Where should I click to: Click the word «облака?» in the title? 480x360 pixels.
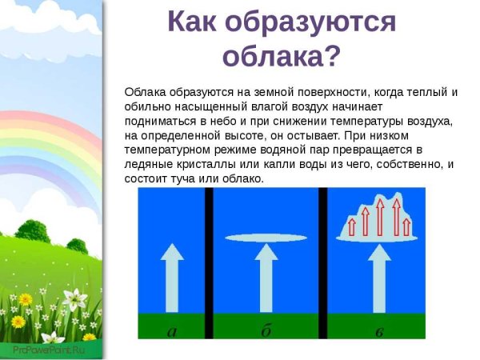point(282,56)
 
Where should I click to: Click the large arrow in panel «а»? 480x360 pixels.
point(171,276)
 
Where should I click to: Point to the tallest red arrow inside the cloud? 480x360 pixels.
point(379,216)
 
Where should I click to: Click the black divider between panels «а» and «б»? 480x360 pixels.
point(208,262)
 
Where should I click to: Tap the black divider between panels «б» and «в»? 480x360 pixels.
point(323,262)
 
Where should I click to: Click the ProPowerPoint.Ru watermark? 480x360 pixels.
point(48,349)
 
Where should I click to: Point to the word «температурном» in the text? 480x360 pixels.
point(168,150)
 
